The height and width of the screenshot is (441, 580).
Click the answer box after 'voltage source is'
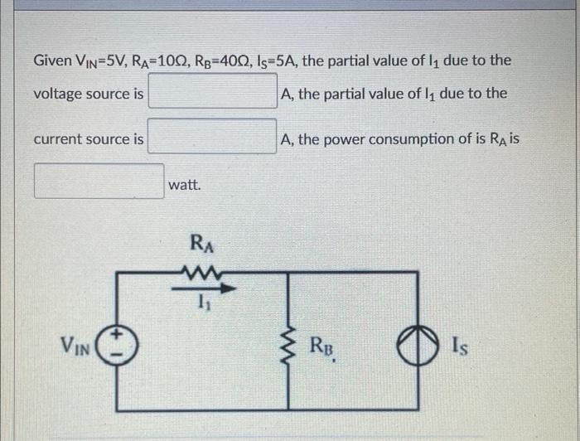click(213, 93)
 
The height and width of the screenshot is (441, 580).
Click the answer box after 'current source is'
click(213, 138)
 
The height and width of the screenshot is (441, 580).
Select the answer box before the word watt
click(99, 182)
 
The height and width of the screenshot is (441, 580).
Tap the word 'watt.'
click(184, 185)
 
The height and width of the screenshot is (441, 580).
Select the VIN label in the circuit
click(75, 342)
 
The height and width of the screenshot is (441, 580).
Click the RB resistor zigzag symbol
click(288, 341)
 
